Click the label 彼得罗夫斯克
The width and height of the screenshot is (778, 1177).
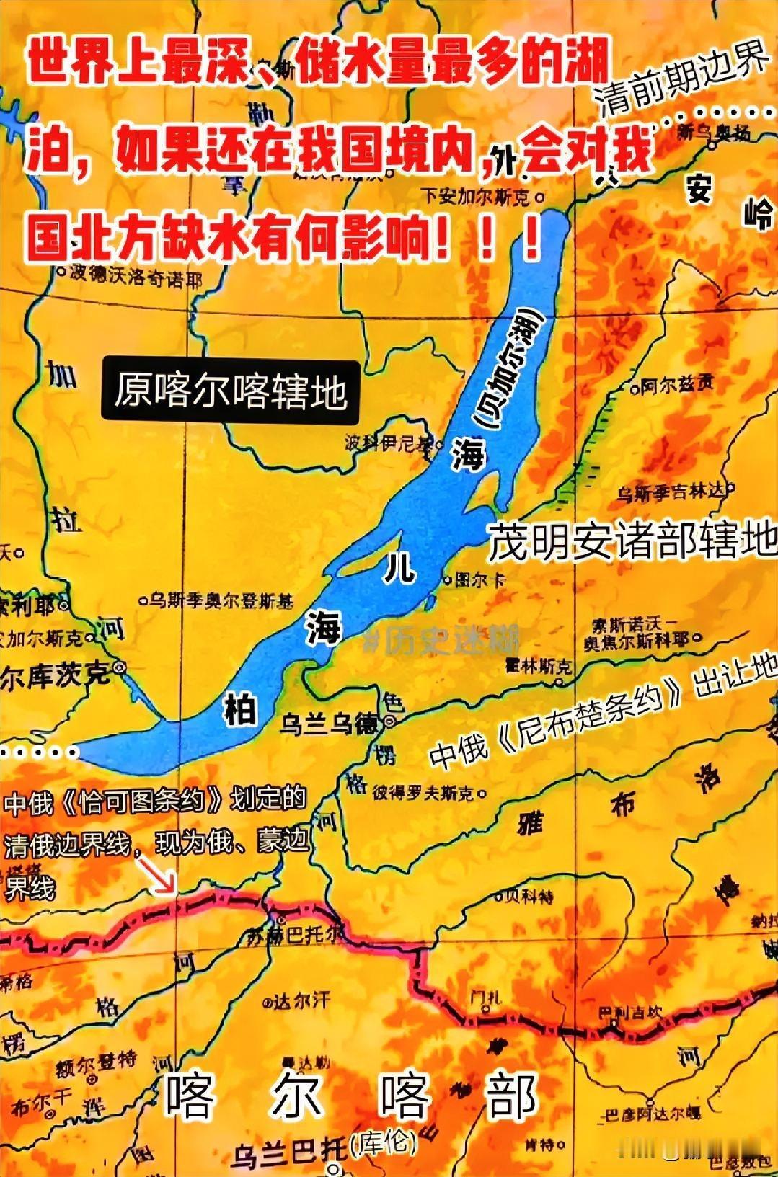423,793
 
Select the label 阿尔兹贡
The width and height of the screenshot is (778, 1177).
676,386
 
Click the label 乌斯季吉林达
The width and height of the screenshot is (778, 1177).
671,492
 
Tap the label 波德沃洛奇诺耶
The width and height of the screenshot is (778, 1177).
135,277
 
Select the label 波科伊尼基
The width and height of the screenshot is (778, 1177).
388,443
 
